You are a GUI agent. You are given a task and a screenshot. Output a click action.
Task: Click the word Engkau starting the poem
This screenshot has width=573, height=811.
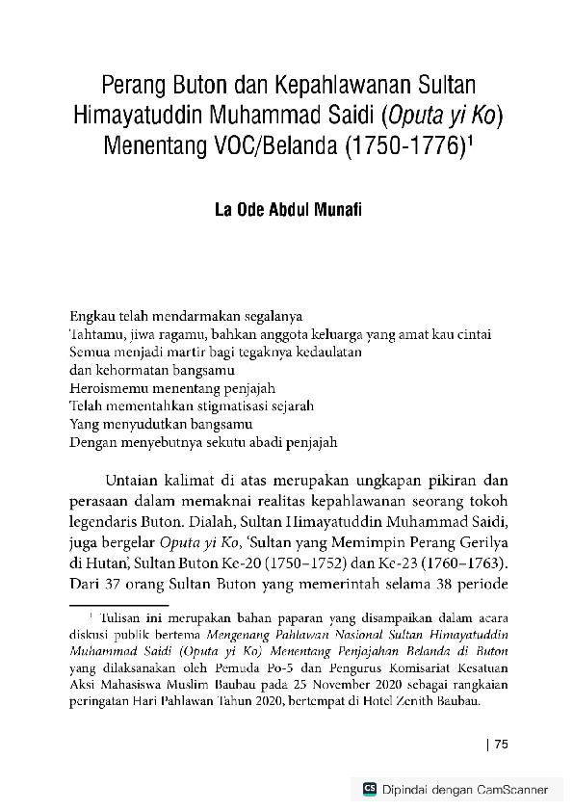pyautogui.click(x=92, y=315)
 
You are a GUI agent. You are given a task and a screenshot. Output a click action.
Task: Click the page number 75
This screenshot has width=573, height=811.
pyautogui.click(x=501, y=743)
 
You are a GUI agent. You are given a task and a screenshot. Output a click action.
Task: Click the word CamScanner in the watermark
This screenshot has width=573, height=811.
pyautogui.click(x=513, y=790)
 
